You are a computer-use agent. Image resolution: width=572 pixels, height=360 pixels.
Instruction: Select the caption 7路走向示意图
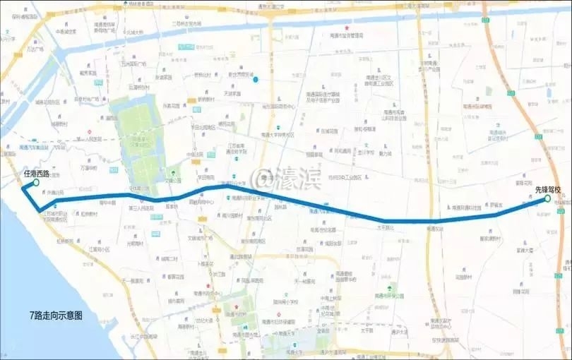tap(56, 316)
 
